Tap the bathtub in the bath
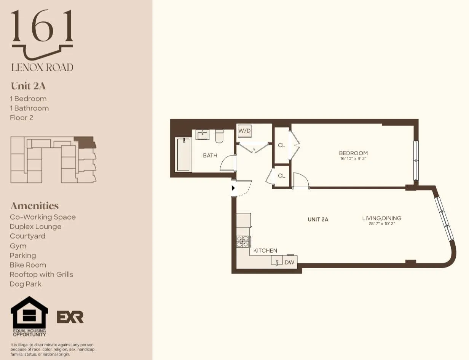click(183, 155)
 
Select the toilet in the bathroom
click(219, 136)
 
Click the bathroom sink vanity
click(203, 135)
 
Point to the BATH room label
click(210, 155)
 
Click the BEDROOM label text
click(353, 153)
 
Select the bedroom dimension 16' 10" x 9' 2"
click(353, 158)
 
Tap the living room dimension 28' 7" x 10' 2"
click(381, 224)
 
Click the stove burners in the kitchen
click(243, 241)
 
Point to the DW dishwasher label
click(289, 262)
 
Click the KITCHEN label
click(265, 250)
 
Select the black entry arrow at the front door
click(233, 188)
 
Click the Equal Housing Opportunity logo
click(29, 316)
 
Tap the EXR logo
click(70, 317)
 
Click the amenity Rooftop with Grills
click(41, 274)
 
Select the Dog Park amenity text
click(26, 284)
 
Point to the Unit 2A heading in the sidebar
click(28, 86)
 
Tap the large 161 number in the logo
click(42, 27)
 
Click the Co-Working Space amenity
click(43, 217)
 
